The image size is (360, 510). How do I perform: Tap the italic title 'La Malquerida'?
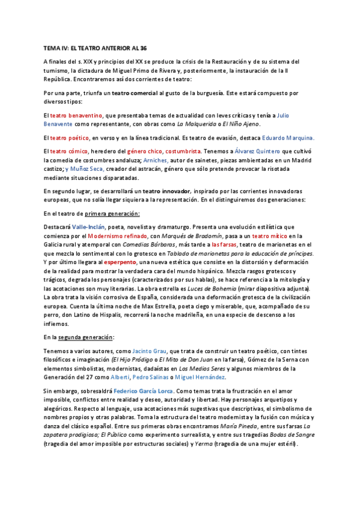197,124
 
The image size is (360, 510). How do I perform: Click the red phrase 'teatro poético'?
69,138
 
